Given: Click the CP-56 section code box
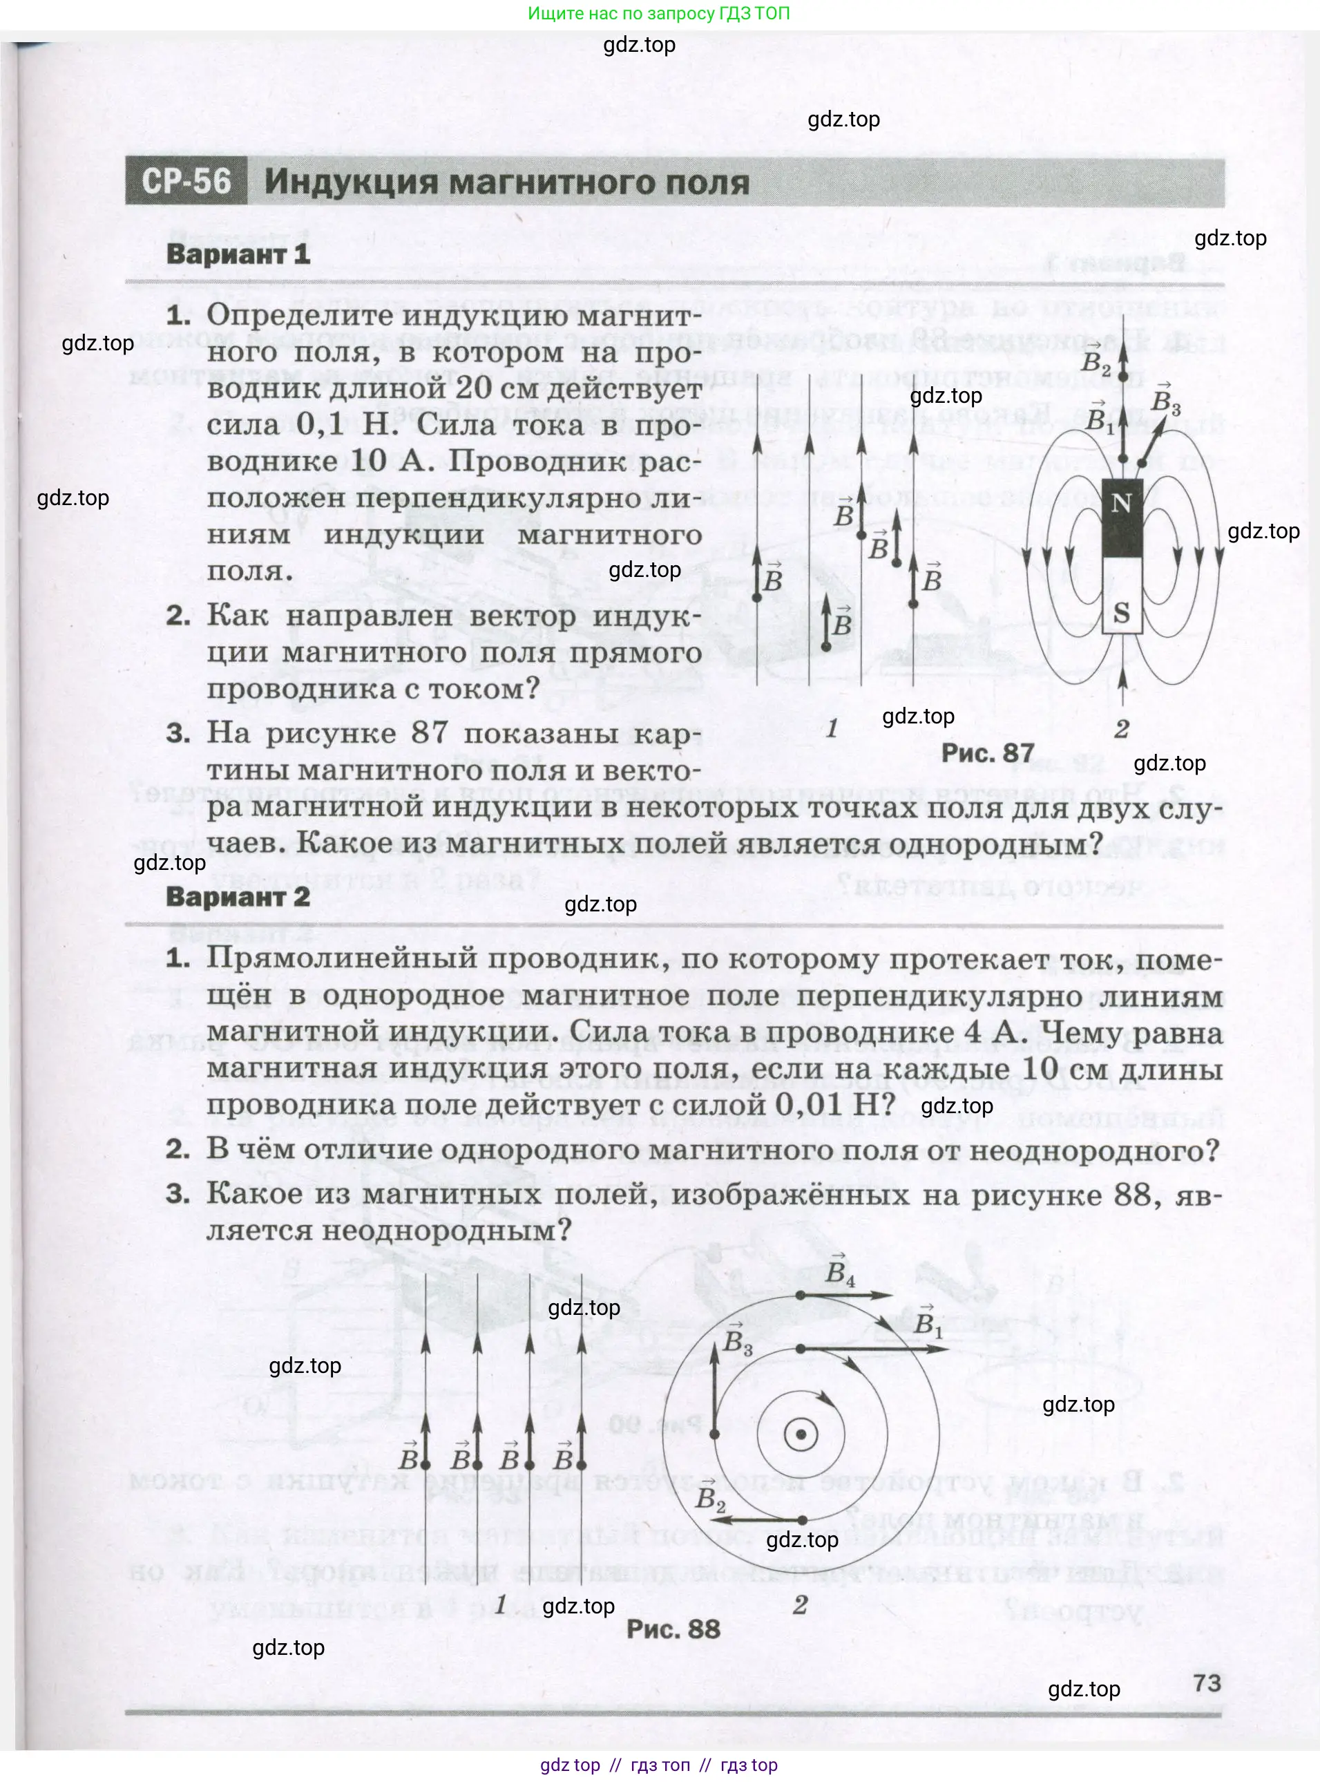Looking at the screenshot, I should (x=186, y=182).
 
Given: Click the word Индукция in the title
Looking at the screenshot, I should (x=351, y=182).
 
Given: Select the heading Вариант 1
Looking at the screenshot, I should (x=238, y=254).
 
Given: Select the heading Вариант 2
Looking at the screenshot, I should (x=238, y=897).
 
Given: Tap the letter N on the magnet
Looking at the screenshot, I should (x=1121, y=504).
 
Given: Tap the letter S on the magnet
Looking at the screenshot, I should (x=1121, y=614).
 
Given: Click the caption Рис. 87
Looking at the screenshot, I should (x=987, y=752).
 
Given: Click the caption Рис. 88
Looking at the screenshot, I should (x=673, y=1629).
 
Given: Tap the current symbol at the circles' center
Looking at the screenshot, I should (x=801, y=1435).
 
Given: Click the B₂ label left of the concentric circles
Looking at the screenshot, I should (x=709, y=1497).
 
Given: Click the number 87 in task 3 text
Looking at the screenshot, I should (x=429, y=733).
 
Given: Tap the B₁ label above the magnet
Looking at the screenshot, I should (x=1100, y=417).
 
